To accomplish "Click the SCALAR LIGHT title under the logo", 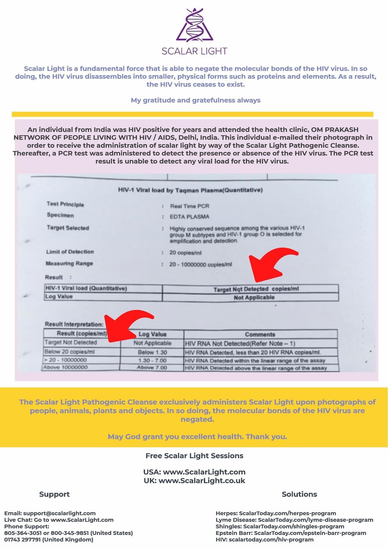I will click(x=194, y=51).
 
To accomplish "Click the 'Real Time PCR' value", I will click(x=189, y=206).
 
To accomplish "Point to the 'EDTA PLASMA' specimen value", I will click(x=189, y=216).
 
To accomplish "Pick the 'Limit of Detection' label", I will click(x=70, y=252).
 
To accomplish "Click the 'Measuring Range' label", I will click(x=69, y=263).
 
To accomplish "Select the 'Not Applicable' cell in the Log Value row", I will click(x=254, y=297).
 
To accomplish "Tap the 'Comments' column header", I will click(x=260, y=334).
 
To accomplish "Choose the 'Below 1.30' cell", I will click(x=152, y=352).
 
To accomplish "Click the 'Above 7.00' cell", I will click(x=152, y=368).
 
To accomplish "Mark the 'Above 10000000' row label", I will click(x=65, y=367).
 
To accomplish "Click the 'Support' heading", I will click(x=54, y=494).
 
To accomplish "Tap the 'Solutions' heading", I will click(x=299, y=494).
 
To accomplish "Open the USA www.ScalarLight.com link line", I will click(x=194, y=472).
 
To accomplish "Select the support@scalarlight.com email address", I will click(x=59, y=513).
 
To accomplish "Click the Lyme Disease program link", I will click(x=294, y=520).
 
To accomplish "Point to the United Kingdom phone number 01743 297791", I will click(x=23, y=539).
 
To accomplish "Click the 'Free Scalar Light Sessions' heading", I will click(x=194, y=456).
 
